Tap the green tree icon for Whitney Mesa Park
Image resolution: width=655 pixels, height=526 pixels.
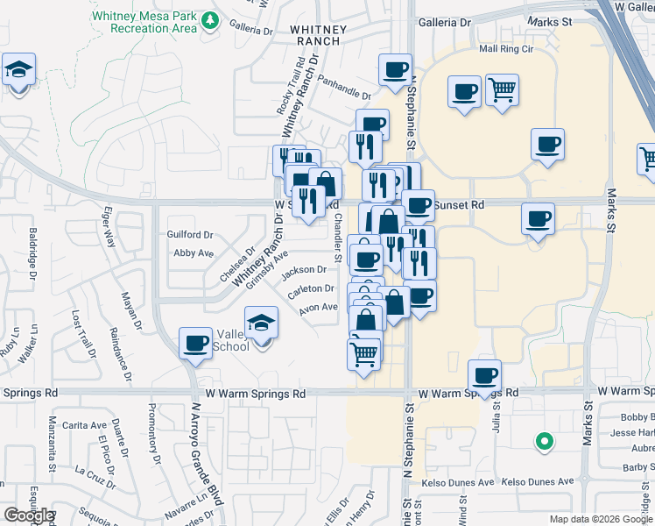click(x=209, y=19)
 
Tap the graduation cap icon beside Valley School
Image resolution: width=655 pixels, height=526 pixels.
click(x=261, y=323)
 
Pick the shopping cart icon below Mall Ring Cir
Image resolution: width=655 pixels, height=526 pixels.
click(x=502, y=89)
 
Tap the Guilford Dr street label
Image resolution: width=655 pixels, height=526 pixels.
click(x=190, y=235)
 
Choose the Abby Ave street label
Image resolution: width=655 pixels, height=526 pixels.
click(x=194, y=253)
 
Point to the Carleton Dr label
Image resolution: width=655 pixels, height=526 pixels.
click(x=312, y=288)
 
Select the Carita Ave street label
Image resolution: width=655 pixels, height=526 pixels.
click(x=86, y=425)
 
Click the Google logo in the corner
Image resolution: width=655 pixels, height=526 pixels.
click(x=28, y=515)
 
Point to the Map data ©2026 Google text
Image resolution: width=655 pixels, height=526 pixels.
click(x=601, y=519)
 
